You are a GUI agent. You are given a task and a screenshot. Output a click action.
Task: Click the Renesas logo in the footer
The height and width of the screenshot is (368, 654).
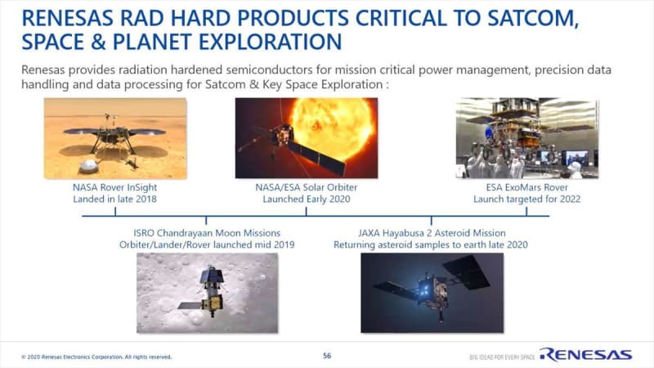tap(586, 355)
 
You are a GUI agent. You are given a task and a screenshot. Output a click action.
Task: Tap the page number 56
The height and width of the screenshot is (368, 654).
tap(327, 356)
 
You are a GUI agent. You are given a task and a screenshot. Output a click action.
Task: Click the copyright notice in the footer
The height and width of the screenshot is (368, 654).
tap(96, 357)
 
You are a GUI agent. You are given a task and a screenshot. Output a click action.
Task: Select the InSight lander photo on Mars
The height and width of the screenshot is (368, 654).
tap(115, 138)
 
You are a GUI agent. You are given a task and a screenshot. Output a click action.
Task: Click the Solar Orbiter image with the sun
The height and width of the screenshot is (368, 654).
tap(307, 138)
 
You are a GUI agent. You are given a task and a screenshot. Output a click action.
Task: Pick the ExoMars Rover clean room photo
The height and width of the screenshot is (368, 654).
tap(527, 138)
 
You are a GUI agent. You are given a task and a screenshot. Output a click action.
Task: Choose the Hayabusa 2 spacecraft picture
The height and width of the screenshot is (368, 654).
tap(432, 293)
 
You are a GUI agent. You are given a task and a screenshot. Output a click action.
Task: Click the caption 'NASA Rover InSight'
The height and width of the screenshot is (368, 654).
tap(115, 187)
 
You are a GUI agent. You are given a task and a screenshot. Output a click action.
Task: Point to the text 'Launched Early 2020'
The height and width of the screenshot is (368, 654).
tap(307, 199)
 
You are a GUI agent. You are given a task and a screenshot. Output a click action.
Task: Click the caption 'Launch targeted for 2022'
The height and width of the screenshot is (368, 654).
tap(526, 199)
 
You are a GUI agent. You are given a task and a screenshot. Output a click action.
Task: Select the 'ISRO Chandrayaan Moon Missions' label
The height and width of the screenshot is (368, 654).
tap(207, 233)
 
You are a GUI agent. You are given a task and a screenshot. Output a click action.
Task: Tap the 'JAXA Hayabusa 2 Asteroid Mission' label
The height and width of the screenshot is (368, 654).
tap(432, 233)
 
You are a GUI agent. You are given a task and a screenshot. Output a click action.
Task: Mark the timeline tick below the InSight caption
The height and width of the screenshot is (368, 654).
tap(115, 212)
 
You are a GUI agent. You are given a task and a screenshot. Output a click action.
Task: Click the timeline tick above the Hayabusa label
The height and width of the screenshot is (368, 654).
tap(432, 220)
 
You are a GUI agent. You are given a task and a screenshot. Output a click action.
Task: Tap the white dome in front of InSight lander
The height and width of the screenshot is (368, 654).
tap(89, 166)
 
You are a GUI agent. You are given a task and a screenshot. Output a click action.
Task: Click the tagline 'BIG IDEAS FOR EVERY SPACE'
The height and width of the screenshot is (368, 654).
tap(502, 357)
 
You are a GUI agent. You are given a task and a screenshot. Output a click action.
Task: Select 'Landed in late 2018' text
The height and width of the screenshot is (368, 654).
tap(115, 199)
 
